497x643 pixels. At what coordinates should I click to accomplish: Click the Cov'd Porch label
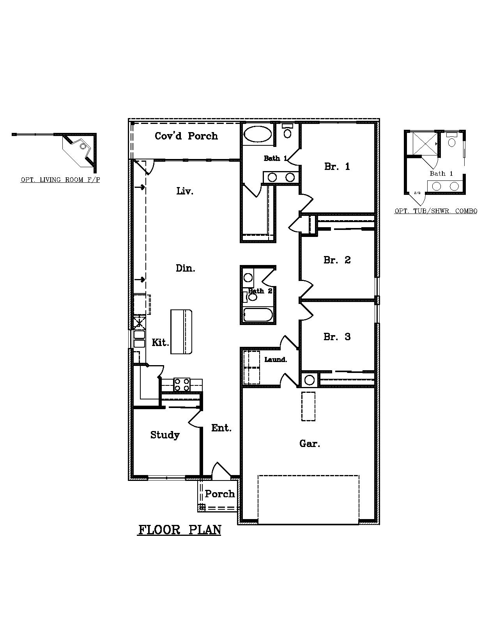pos(186,136)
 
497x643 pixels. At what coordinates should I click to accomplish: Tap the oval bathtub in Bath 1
pos(258,135)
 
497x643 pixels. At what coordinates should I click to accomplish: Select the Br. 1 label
pos(337,167)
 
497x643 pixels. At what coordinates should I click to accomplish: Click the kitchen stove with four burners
pos(182,385)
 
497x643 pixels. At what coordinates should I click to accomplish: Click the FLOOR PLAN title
pos(179,530)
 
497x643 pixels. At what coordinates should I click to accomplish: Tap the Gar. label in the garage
pos(310,443)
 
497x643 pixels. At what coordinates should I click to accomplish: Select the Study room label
pos(165,435)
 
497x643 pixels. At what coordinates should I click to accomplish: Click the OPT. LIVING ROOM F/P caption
pos(60,180)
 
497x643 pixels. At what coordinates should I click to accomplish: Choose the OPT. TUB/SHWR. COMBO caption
pos(435,211)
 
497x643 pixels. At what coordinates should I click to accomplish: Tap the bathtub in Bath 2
pos(258,315)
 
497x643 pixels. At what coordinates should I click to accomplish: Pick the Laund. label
pos(276,360)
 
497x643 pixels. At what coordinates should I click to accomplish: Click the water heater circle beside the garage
pos(310,380)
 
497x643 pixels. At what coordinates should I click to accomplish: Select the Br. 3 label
pos(337,337)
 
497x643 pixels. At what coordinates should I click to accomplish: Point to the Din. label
pos(185,268)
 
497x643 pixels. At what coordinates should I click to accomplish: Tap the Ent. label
pos(221,428)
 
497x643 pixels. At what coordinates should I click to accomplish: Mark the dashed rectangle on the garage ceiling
pos(308,406)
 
